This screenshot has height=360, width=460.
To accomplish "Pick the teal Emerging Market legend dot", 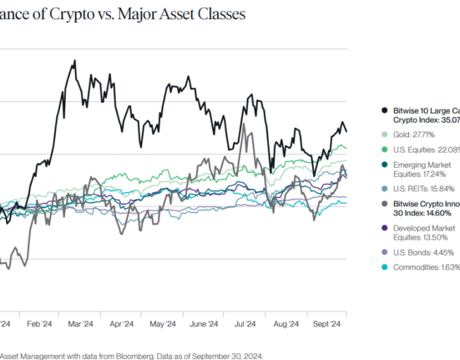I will tap(382, 164).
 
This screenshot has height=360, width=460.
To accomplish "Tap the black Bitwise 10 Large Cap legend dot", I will tap(382, 109).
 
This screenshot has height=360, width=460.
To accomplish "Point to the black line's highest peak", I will tap(75, 61).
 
